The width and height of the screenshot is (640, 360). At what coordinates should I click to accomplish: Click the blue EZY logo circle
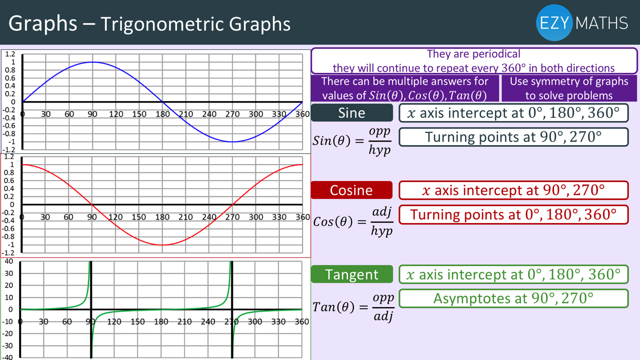click(554, 23)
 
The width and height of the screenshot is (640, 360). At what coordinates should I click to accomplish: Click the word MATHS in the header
click(602, 23)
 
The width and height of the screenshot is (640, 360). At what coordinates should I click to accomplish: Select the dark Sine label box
click(352, 113)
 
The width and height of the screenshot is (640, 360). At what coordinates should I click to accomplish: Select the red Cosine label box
click(352, 190)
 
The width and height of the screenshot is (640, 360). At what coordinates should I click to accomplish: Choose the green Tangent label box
click(352, 274)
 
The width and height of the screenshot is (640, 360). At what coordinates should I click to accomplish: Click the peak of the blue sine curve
click(93, 62)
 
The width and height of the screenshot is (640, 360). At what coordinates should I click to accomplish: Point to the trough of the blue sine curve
click(233, 142)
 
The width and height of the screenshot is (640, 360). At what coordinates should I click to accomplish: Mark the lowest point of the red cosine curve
click(162, 245)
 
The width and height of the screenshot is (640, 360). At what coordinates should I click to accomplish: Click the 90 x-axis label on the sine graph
click(92, 114)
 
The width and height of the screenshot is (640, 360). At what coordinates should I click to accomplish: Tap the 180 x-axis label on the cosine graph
click(162, 217)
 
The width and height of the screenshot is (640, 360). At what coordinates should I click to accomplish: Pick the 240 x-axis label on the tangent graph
click(208, 322)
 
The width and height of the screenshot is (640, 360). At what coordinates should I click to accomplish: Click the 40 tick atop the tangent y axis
click(9, 261)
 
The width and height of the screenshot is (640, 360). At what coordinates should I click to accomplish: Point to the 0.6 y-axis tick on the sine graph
click(10, 78)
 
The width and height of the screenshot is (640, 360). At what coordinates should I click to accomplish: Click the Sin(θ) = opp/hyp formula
click(352, 141)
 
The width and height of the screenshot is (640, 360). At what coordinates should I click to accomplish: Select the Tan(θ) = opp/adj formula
click(353, 307)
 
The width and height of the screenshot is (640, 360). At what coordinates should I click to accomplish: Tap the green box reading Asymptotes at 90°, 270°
click(513, 298)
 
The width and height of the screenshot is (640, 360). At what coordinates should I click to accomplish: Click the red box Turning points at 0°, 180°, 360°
click(513, 214)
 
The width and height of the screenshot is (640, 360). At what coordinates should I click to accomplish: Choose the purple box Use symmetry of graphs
click(569, 88)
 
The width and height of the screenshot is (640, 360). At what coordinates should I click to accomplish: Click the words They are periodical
click(473, 54)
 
